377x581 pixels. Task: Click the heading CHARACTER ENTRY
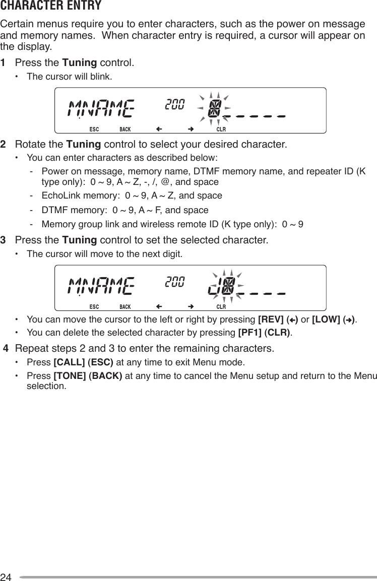[50, 6]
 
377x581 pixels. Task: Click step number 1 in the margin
[4, 63]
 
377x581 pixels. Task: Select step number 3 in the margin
[4, 238]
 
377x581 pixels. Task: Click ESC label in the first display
[94, 128]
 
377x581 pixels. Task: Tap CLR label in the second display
[221, 306]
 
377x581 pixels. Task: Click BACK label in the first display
[125, 128]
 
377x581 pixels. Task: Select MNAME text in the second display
[101, 286]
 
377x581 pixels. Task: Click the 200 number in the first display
[174, 104]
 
